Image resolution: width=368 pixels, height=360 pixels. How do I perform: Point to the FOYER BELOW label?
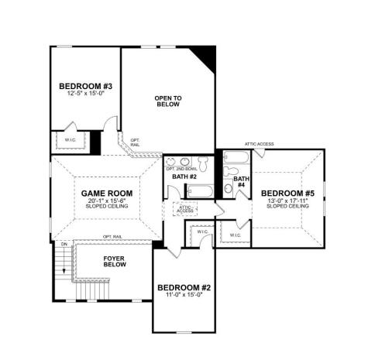[115, 261]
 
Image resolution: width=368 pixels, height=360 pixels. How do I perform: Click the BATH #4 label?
[240, 182]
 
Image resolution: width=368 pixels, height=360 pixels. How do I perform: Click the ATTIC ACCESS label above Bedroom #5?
[260, 145]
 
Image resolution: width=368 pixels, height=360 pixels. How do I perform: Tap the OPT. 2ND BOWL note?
[181, 168]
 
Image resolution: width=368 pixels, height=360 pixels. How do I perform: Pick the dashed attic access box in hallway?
[185, 209]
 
